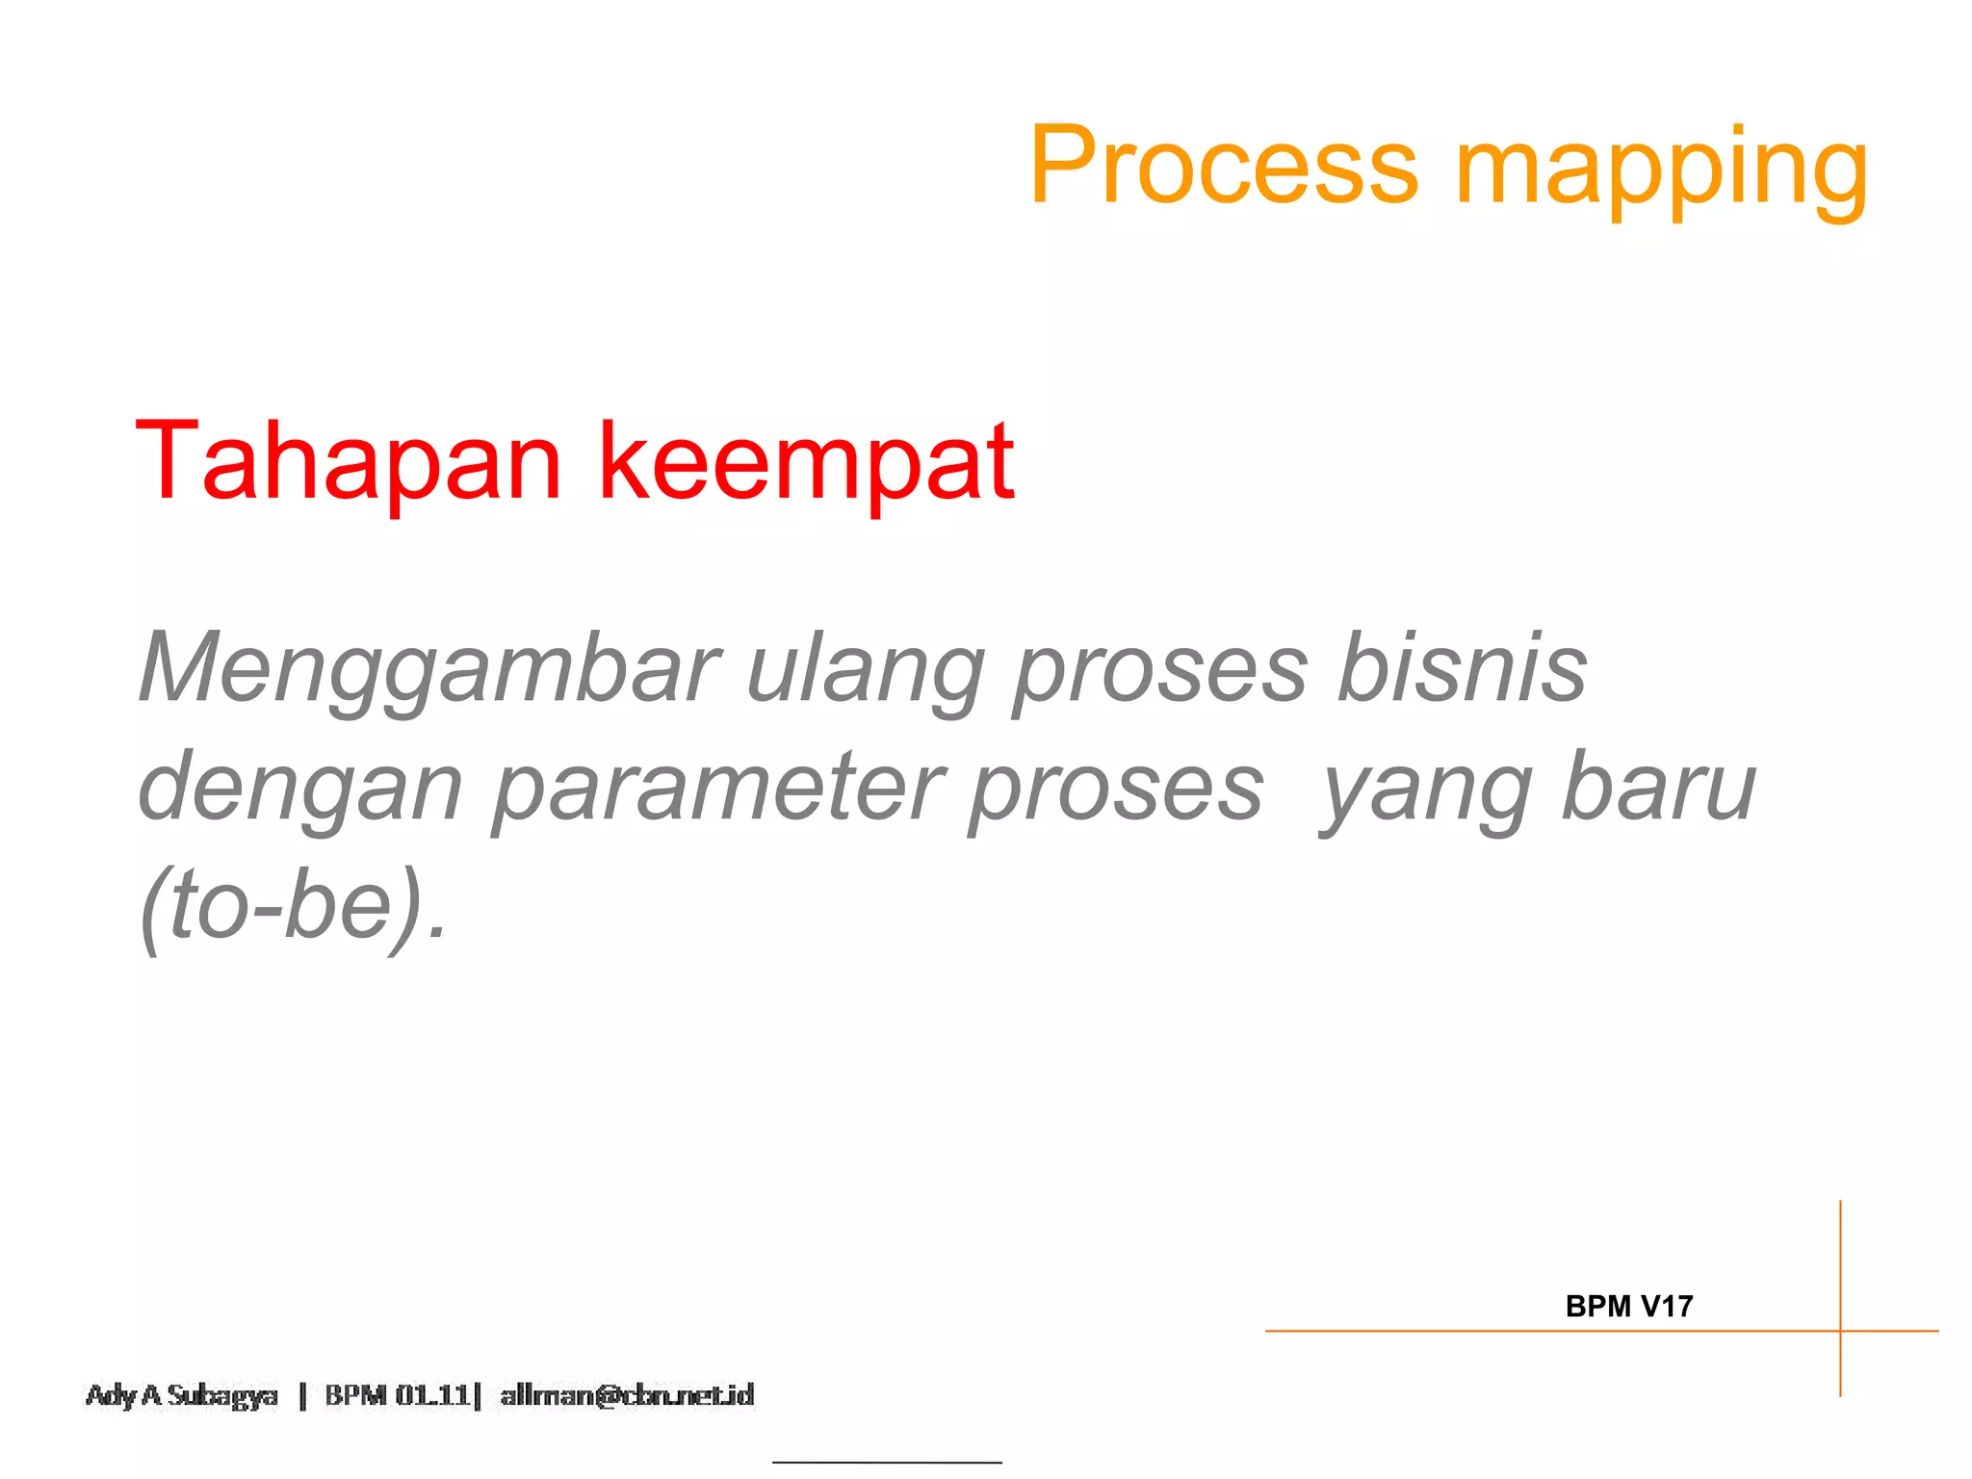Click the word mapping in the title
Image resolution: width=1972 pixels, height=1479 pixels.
point(1662,171)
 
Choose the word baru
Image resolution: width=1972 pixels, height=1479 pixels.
point(1659,788)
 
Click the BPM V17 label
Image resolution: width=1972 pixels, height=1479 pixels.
point(1628,1307)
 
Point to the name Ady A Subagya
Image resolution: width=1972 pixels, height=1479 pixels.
point(181,1395)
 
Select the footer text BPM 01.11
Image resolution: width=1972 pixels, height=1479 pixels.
point(397,1395)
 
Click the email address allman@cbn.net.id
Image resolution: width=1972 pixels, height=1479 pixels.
point(627,1395)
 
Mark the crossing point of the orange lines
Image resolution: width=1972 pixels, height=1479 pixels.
point(1840,1331)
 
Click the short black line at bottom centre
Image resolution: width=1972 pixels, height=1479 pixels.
point(887,1463)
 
